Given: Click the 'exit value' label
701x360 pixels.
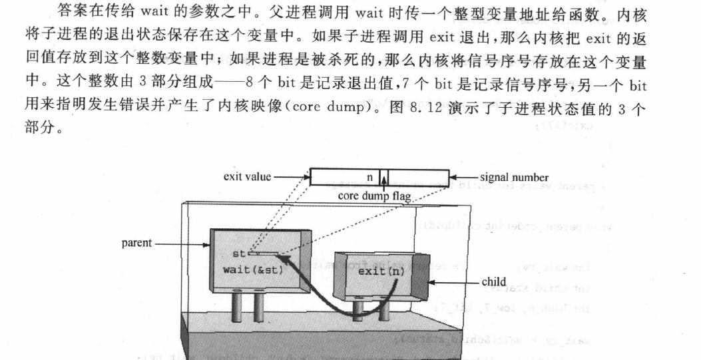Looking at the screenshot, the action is [247, 178].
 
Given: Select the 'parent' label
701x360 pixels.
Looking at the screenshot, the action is [137, 244].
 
